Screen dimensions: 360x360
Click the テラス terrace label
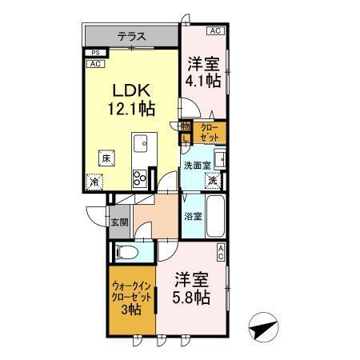click(132, 35)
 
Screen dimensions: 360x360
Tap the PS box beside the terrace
click(94, 53)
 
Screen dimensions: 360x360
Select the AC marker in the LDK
click(94, 63)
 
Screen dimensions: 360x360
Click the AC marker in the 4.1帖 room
click(214, 30)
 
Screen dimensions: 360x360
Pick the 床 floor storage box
click(105, 159)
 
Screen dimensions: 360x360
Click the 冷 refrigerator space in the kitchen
click(94, 182)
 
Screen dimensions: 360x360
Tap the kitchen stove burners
click(139, 177)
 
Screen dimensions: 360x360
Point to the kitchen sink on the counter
click(139, 146)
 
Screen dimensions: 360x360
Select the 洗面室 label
click(196, 166)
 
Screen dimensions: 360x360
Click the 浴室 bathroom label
click(193, 216)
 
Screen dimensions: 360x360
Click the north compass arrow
click(265, 329)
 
